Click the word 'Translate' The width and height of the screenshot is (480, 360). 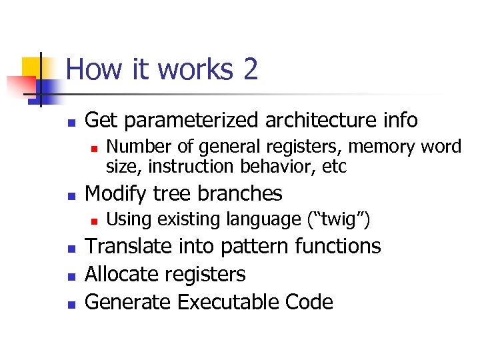(129, 247)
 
